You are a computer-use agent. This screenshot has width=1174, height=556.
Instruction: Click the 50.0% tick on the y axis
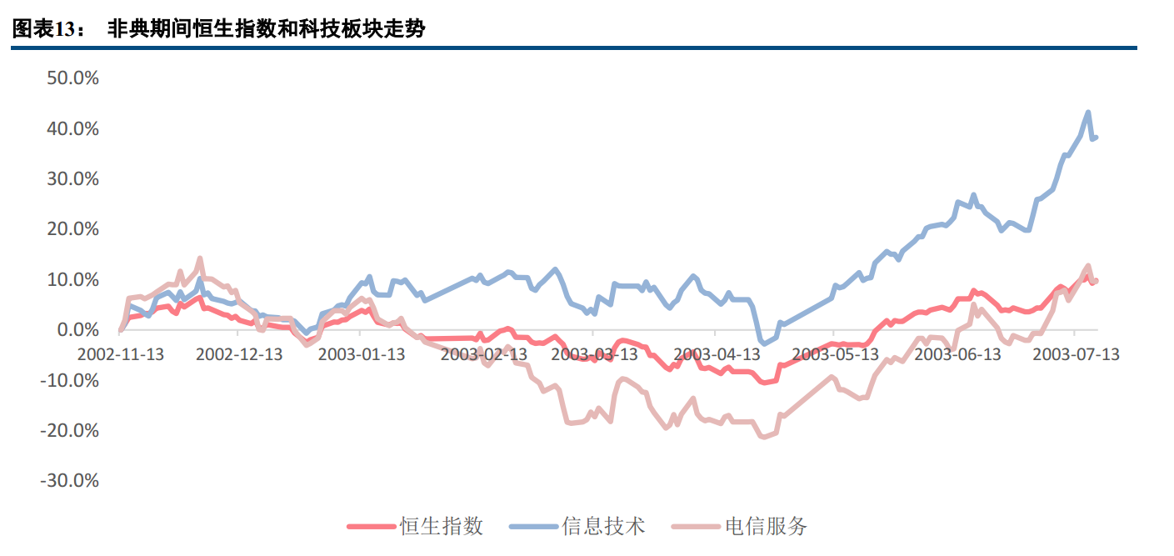[73, 78]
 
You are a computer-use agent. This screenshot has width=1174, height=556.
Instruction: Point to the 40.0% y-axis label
[73, 129]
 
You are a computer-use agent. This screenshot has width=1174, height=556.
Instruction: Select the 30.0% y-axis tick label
[73, 179]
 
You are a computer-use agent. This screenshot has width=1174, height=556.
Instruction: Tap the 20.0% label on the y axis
[73, 229]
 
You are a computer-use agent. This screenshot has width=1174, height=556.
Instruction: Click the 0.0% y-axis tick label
[78, 330]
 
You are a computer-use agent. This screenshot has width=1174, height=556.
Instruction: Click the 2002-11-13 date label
[121, 354]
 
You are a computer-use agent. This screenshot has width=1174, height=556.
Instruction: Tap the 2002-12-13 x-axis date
[239, 354]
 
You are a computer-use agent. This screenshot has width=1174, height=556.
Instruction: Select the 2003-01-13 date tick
[362, 354]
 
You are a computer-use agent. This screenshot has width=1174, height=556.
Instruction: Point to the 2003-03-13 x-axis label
[595, 354]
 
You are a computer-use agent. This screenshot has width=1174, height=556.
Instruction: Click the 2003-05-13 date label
[836, 354]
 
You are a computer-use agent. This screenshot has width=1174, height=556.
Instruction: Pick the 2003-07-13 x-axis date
[1076, 354]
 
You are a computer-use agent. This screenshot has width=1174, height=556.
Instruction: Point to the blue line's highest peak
[1088, 112]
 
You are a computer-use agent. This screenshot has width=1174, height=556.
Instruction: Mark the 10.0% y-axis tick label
[73, 279]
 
